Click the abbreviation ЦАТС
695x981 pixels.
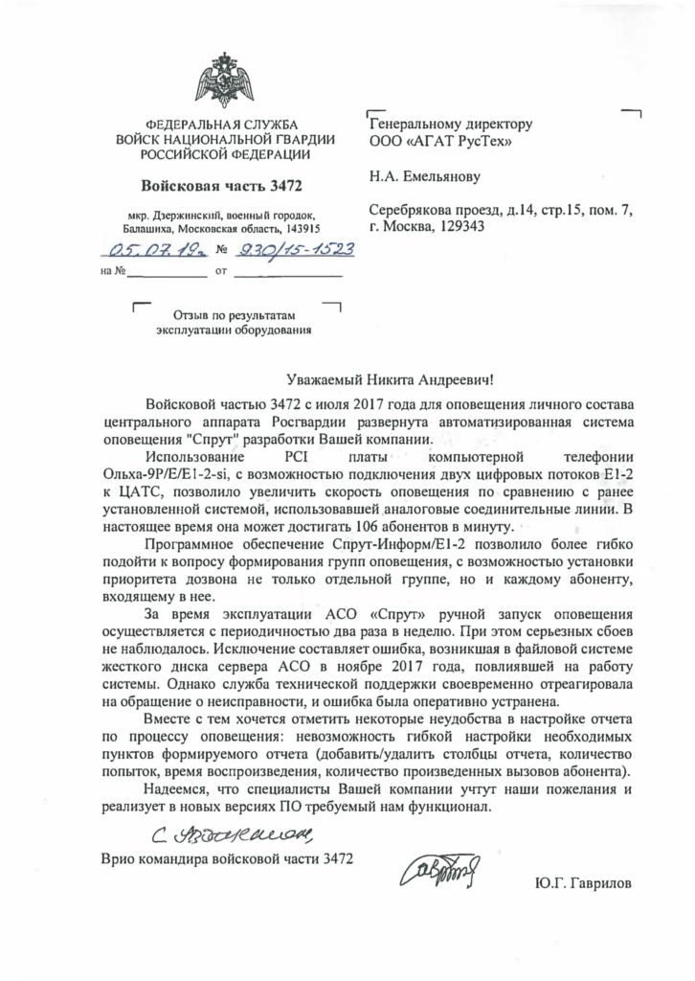[131, 491]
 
